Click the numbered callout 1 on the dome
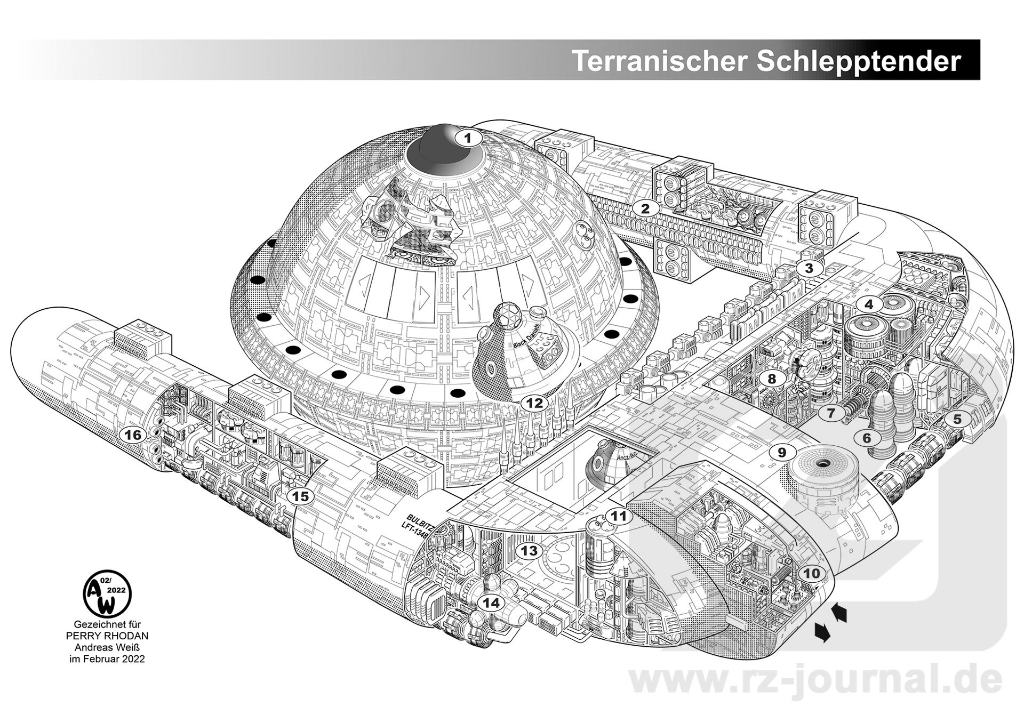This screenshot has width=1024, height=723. pos(468,139)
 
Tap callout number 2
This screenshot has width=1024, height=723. pos(645,208)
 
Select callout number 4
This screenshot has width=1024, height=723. pos(869,304)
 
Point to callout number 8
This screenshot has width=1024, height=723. pos(772,379)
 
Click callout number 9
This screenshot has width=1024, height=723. pos(781,453)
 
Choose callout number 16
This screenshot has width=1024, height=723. pos(133,435)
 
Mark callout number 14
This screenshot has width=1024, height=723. pos(491,603)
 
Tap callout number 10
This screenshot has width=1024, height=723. pos(811,574)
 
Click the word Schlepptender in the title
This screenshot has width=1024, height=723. pos(858,61)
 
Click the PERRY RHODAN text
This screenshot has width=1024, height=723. pos(107,636)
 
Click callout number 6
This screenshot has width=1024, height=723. pos(867,438)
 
